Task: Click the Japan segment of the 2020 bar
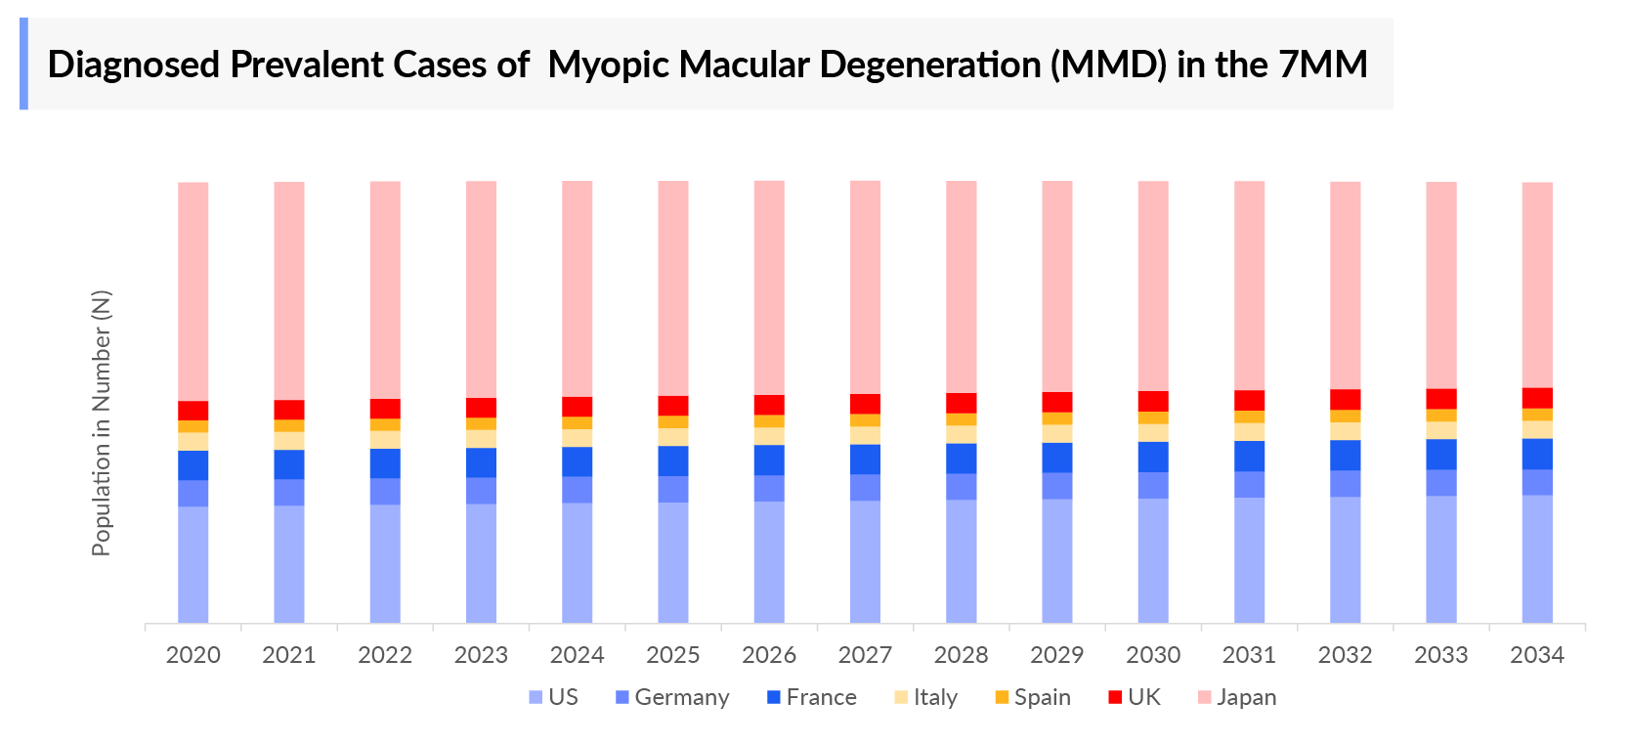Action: [x=193, y=291]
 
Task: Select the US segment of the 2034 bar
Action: [x=1537, y=558]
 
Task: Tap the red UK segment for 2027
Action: [x=865, y=404]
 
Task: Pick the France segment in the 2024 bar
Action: [x=577, y=461]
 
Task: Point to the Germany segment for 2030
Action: [x=1153, y=485]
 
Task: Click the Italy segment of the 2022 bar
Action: [x=385, y=440]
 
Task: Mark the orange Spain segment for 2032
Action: [x=1345, y=416]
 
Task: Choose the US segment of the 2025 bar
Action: [x=672, y=562]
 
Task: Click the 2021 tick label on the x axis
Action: [x=289, y=655]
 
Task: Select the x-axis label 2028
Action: [x=961, y=655]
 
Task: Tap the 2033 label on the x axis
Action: [x=1440, y=655]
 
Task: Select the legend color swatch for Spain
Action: [x=1002, y=697]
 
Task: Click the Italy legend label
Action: [x=935, y=697]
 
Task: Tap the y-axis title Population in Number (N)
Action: [x=102, y=422]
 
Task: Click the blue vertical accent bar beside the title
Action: [x=23, y=64]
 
